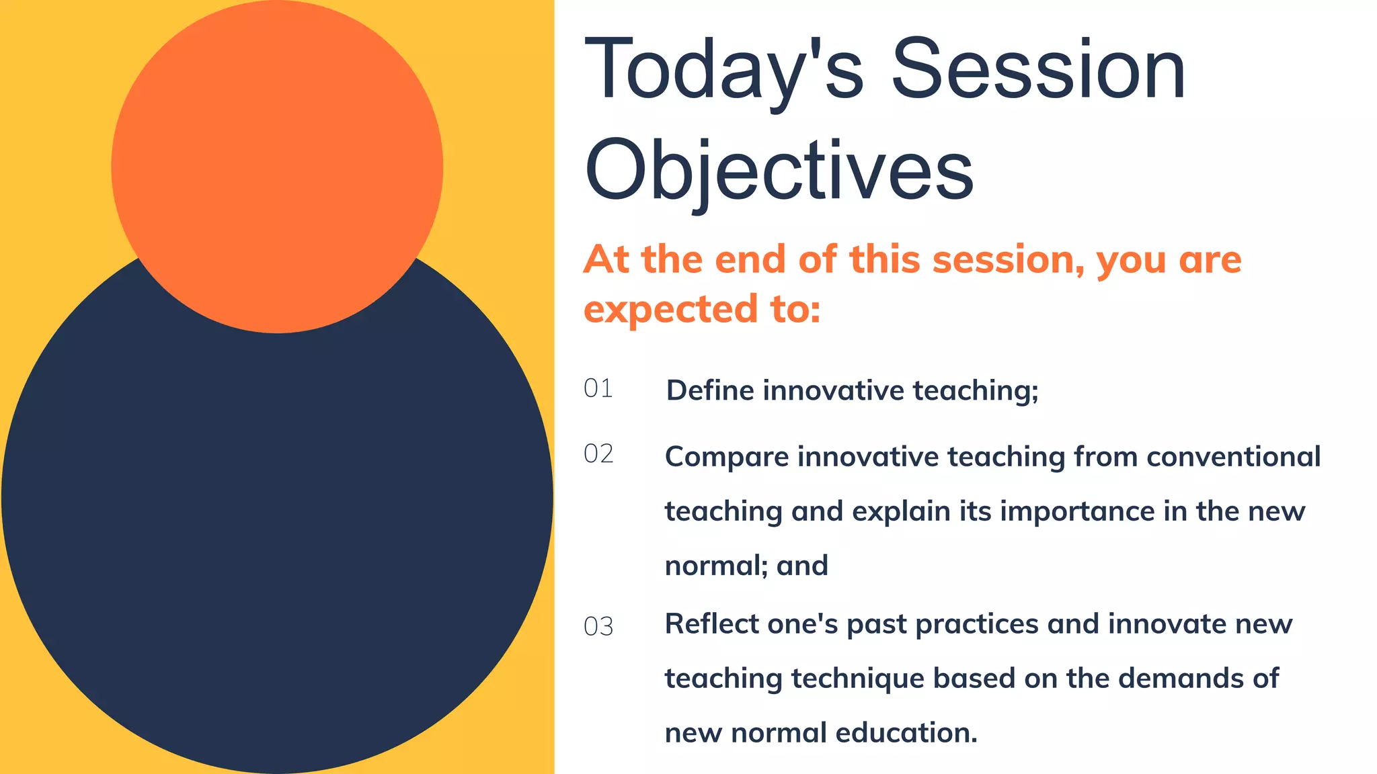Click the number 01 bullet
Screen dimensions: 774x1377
pos(598,388)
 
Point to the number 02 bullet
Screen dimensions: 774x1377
pos(598,454)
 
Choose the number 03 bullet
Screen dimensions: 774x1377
pos(598,627)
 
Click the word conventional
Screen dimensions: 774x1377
pos(1233,456)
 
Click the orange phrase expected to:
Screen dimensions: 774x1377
pos(701,310)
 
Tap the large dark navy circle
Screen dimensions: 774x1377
pos(277,537)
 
